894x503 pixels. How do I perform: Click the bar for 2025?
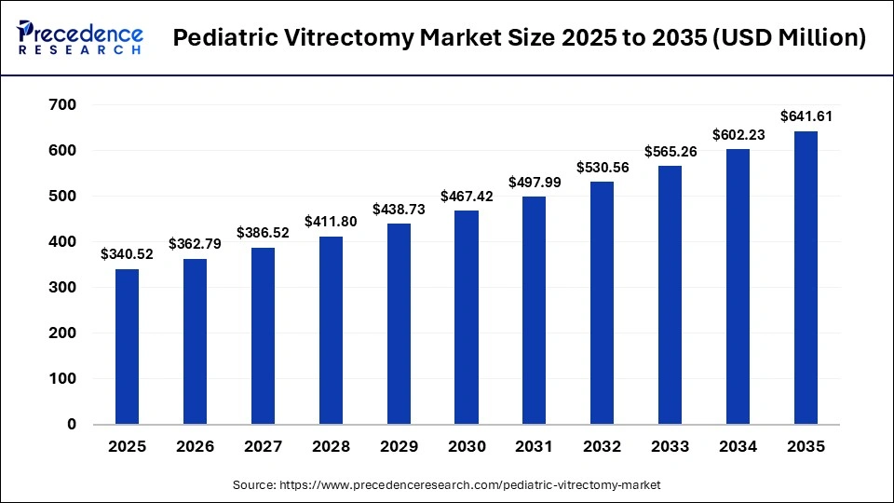click(127, 347)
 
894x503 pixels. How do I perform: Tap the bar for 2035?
click(806, 278)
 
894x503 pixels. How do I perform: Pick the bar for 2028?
click(331, 330)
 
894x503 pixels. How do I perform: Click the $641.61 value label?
click(806, 116)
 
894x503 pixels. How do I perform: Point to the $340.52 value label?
click(127, 253)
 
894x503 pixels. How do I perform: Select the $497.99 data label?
click(535, 182)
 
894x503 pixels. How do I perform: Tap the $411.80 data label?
click(331, 221)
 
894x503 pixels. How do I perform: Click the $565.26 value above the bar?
click(670, 151)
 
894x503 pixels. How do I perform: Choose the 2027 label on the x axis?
click(263, 446)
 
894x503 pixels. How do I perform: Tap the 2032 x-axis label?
click(603, 446)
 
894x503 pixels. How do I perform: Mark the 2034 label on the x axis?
click(738, 446)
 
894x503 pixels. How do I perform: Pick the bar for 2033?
click(670, 294)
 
